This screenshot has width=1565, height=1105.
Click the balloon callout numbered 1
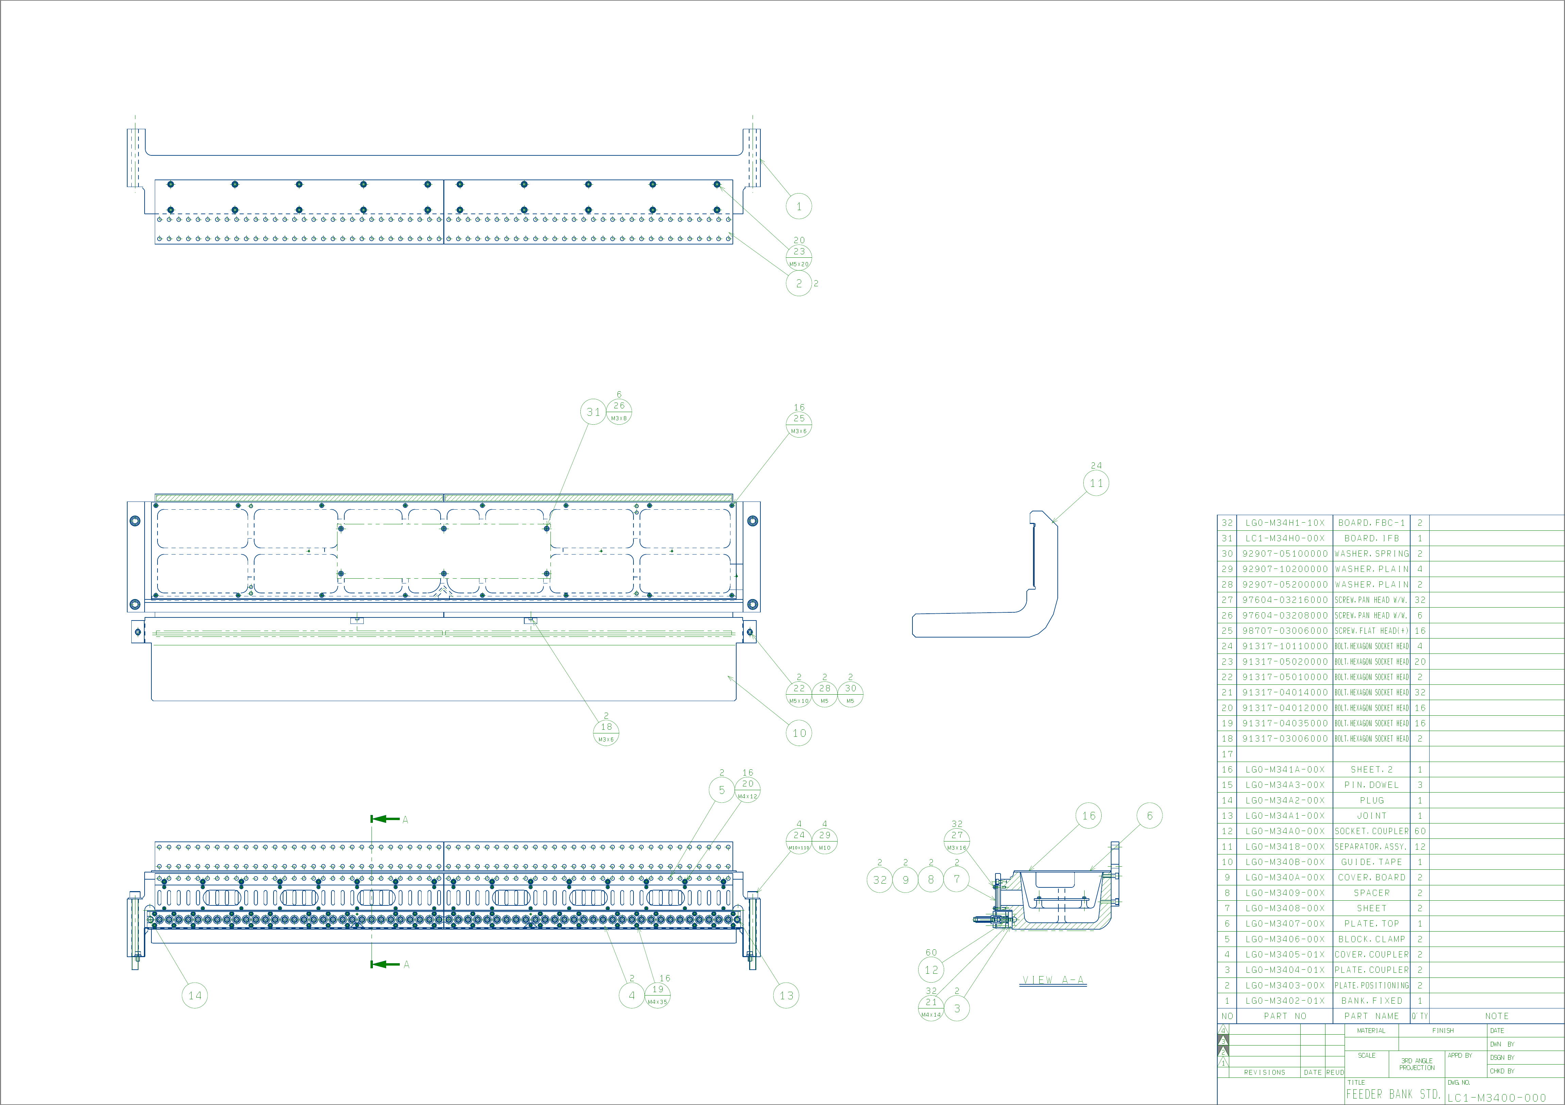[799, 206]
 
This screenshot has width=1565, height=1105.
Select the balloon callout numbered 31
[593, 412]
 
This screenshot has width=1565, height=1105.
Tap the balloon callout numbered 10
[799, 733]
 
